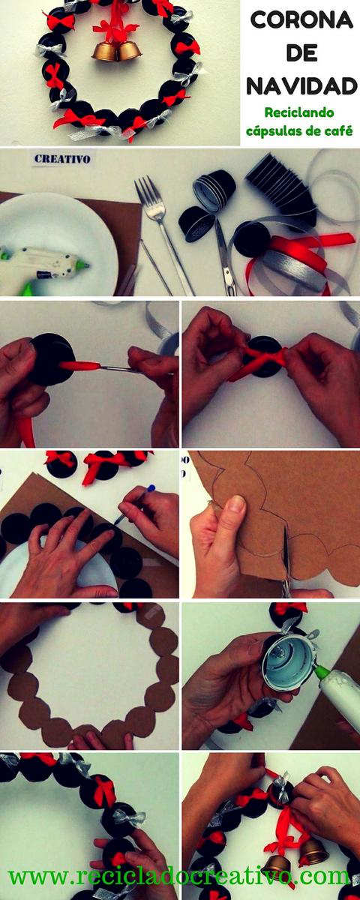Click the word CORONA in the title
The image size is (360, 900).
pyautogui.click(x=302, y=20)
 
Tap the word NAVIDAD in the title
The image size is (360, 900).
pyautogui.click(x=302, y=86)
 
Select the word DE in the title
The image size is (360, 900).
pyautogui.click(x=302, y=53)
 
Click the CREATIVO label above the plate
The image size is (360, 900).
pyautogui.click(x=62, y=159)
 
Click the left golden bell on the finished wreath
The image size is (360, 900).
pyautogui.click(x=105, y=50)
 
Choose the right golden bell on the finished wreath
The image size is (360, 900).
pyautogui.click(x=129, y=49)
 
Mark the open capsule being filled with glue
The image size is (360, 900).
pyautogui.click(x=286, y=661)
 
